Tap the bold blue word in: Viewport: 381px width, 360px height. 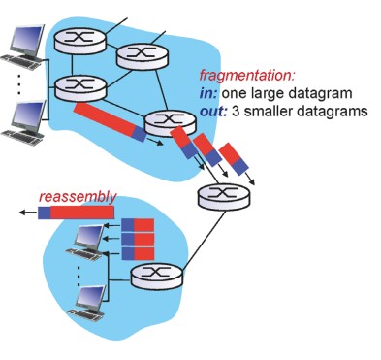point(208,93)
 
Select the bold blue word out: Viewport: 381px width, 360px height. point(213,112)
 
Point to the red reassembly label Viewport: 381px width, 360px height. point(78,197)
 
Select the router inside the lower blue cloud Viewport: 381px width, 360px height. point(157,276)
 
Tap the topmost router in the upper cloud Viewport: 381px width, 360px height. point(80,40)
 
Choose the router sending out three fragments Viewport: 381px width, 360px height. point(170,123)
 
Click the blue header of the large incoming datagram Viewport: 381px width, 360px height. point(140,134)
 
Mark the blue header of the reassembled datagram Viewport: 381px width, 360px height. point(45,213)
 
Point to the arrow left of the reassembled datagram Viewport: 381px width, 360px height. point(28,213)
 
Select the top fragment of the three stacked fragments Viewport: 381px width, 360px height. point(138,225)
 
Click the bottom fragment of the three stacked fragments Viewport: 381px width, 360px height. point(138,253)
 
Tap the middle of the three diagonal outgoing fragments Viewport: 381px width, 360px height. point(207,149)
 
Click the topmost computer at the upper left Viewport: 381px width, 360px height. point(23,47)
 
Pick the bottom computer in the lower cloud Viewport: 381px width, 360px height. point(88,303)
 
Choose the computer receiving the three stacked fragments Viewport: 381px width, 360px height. point(86,243)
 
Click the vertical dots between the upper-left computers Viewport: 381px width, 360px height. point(18,83)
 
